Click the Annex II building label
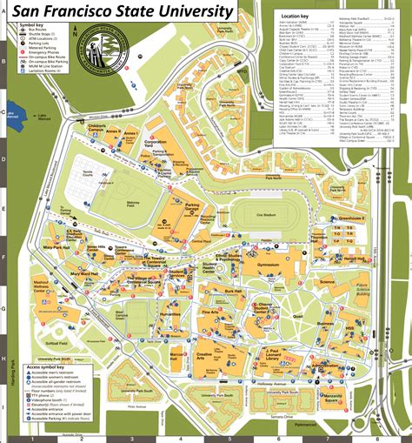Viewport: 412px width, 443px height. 110,131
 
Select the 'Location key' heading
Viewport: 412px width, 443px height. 296,16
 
